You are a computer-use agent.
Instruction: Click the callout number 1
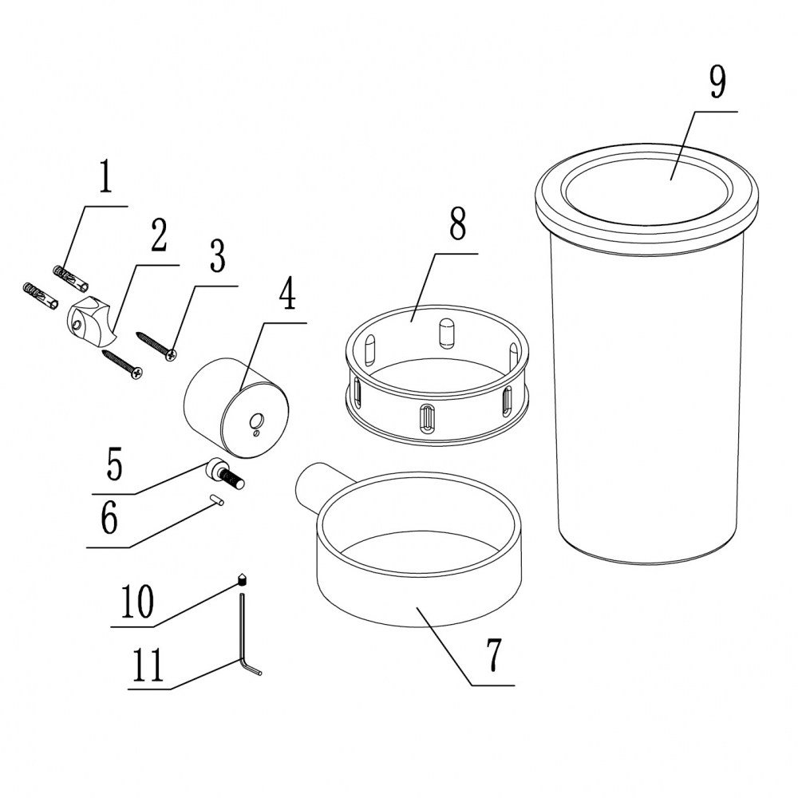(x=105, y=176)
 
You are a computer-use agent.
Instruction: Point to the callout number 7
(x=494, y=655)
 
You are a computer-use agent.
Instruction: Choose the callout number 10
(x=136, y=602)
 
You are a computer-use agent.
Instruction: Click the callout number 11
(x=148, y=665)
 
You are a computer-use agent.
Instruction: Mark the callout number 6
(x=109, y=517)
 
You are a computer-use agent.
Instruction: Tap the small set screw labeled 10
(x=243, y=579)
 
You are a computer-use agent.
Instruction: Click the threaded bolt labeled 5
(x=225, y=472)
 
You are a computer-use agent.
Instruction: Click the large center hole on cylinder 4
(x=256, y=421)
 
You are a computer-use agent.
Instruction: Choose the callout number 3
(x=217, y=256)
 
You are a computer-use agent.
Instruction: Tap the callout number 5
(x=114, y=464)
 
